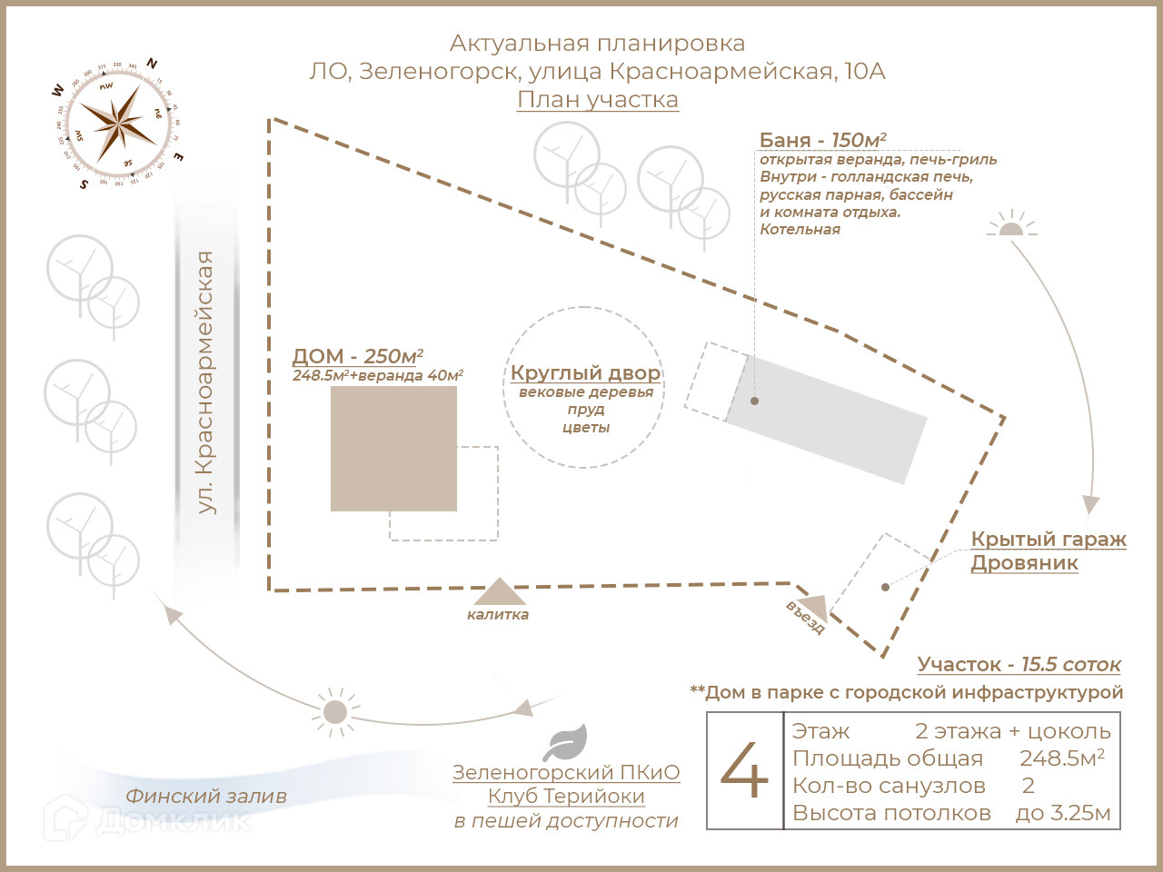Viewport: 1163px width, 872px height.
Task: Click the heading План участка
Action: click(x=598, y=100)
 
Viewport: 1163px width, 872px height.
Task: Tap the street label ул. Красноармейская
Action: click(x=206, y=382)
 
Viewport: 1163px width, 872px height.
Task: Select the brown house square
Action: click(x=393, y=449)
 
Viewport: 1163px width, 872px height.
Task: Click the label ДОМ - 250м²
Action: click(x=357, y=356)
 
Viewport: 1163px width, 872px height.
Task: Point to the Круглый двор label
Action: click(x=585, y=372)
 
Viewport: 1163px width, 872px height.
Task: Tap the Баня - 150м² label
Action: click(x=822, y=140)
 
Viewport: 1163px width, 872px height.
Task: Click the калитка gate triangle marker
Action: click(x=499, y=592)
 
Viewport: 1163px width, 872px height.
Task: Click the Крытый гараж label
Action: click(x=1049, y=539)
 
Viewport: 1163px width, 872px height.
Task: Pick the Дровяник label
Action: click(x=1024, y=562)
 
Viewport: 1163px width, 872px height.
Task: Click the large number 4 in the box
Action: click(x=745, y=770)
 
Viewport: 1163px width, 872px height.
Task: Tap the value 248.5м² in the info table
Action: click(x=1061, y=758)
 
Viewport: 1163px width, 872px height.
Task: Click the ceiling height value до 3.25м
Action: click(x=1062, y=813)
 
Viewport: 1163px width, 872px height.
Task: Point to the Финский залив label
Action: click(x=206, y=796)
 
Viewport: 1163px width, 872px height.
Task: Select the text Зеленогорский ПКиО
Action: click(x=566, y=772)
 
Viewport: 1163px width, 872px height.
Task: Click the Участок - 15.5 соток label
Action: click(x=1019, y=664)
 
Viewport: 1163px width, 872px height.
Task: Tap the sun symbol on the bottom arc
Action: click(x=335, y=710)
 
